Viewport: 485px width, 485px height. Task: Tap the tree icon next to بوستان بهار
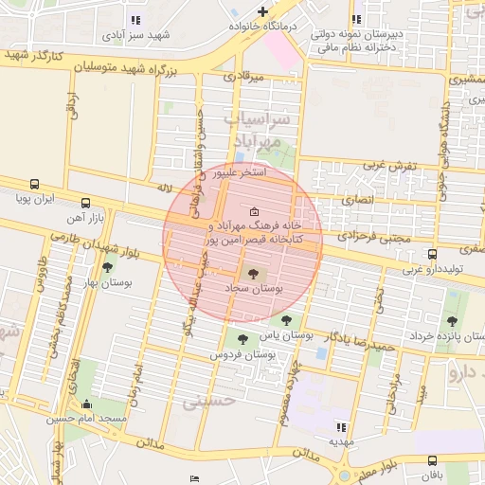(x=107, y=268)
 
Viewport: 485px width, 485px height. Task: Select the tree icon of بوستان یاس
(x=287, y=321)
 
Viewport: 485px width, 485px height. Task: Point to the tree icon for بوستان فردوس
(x=243, y=339)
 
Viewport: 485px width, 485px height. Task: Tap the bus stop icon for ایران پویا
(x=35, y=185)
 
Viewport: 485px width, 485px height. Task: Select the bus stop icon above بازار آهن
(x=87, y=203)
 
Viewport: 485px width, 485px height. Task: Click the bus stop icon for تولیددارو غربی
(x=432, y=254)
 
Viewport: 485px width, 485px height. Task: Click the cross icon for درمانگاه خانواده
(x=262, y=11)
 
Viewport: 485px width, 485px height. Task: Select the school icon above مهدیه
(x=339, y=427)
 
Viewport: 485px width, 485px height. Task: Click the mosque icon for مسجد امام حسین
(x=91, y=404)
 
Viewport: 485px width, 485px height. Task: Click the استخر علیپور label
(x=240, y=174)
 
